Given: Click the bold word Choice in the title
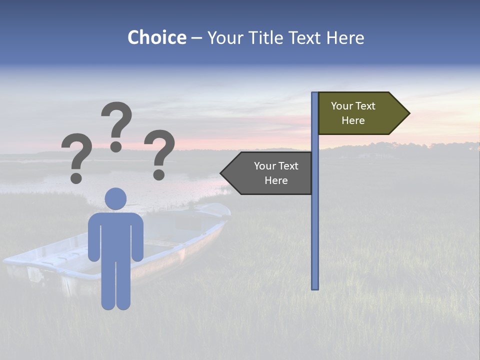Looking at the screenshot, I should (x=156, y=37).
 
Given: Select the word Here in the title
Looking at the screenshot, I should (x=345, y=37).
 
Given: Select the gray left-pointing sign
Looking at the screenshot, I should (x=270, y=173).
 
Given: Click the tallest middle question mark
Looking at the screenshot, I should (x=116, y=120).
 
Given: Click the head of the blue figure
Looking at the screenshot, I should (x=115, y=198).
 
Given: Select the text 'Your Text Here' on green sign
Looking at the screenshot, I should (x=353, y=113).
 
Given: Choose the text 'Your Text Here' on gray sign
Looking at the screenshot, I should (x=276, y=173).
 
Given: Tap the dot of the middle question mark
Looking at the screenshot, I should (x=116, y=146).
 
